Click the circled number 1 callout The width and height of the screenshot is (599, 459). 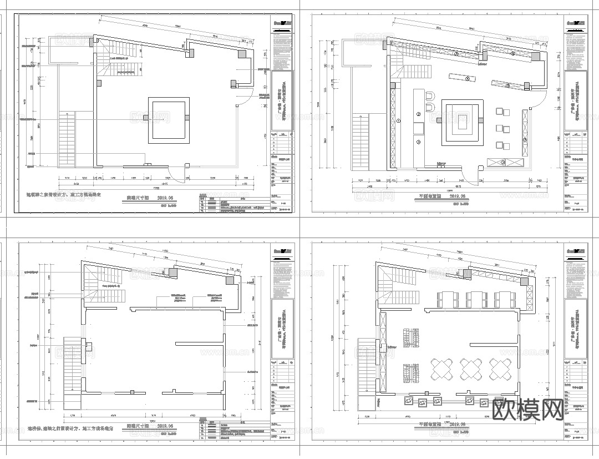point(398,120)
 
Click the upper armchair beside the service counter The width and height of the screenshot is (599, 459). point(430,95)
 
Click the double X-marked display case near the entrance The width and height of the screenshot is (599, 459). point(505,162)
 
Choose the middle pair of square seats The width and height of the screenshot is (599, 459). point(502,129)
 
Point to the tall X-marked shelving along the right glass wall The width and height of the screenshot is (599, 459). point(524,133)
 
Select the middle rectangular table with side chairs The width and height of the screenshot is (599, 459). point(475,299)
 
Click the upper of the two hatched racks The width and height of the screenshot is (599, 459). point(410,339)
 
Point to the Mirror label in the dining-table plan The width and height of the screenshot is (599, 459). point(392,347)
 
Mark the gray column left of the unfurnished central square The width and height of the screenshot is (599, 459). point(146,118)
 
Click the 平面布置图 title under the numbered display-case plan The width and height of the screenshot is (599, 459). point(432,196)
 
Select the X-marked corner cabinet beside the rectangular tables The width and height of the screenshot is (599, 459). point(526,289)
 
